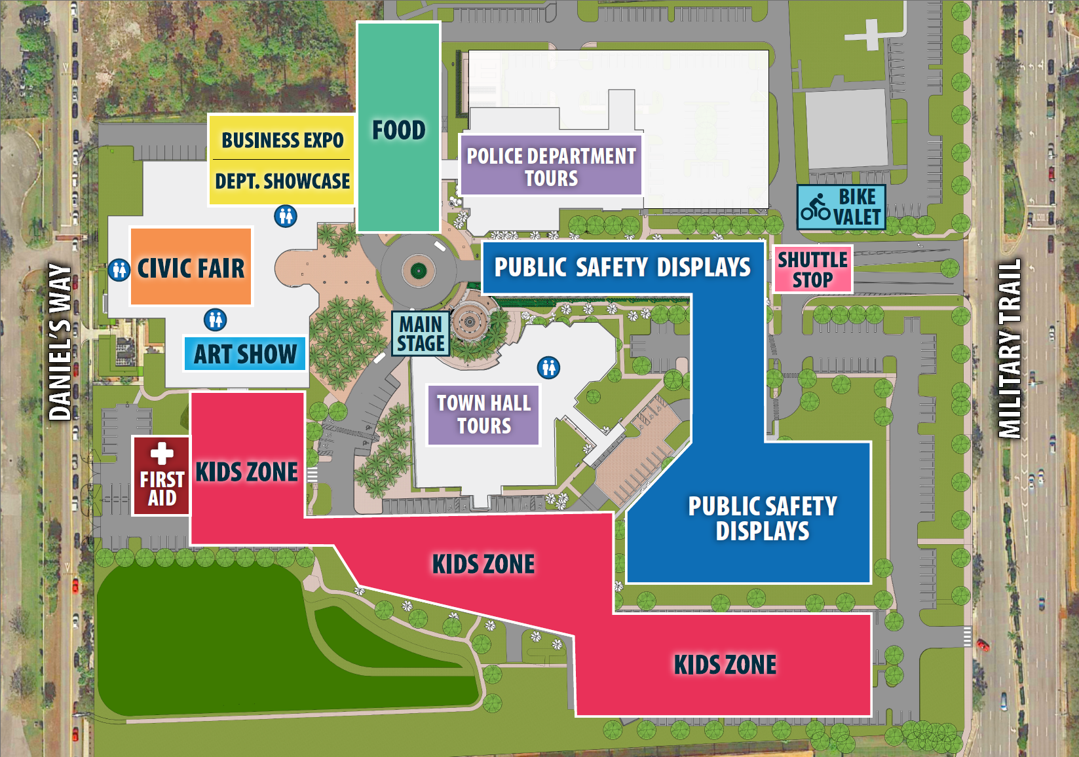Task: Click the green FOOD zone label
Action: coord(398,130)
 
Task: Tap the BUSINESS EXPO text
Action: coord(282,140)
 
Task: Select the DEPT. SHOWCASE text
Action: coord(282,181)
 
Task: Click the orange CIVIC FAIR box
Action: coord(191,267)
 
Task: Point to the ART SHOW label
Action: coord(245,354)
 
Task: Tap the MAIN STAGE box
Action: coord(421,334)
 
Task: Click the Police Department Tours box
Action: coord(551,166)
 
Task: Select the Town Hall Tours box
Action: coord(483,415)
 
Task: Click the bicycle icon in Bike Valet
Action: coord(815,207)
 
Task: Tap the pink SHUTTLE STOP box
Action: coord(812,269)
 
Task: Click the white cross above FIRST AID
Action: coord(162,453)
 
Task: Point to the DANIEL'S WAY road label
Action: coord(60,342)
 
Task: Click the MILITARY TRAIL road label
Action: coord(1010,348)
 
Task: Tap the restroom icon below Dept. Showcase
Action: coord(286,215)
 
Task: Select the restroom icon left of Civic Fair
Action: coord(119,269)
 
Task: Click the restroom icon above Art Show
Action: coord(215,320)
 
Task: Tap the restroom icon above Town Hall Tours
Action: coord(548,367)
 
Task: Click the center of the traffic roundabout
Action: coord(419,270)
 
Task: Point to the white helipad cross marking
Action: coord(871,34)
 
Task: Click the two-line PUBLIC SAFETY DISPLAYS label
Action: coord(762,518)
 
